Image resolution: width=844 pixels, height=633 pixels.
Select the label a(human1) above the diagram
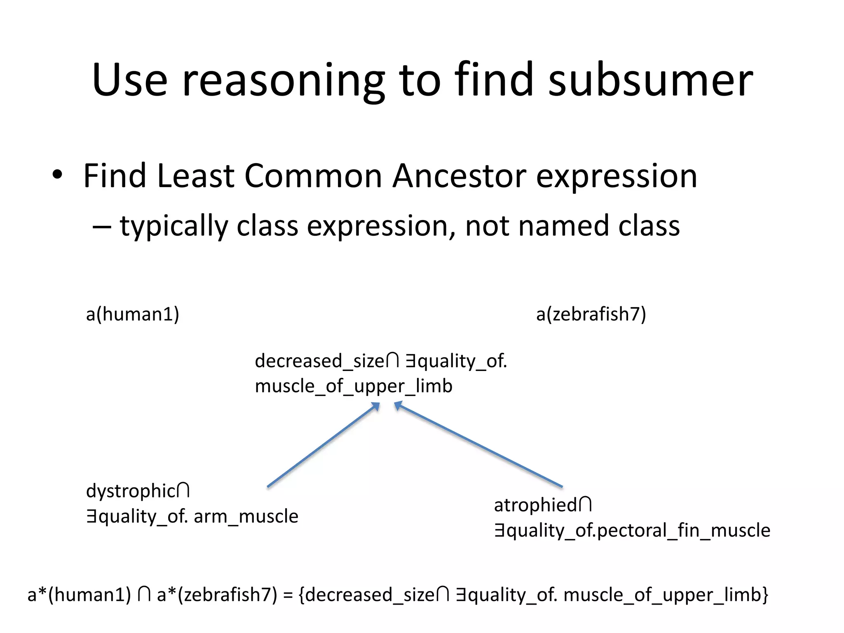coord(132,314)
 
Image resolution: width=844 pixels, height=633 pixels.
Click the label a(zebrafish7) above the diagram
coord(591,314)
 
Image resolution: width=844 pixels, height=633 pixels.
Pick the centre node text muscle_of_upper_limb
coord(353,386)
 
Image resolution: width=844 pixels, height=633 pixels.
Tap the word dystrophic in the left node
coord(131,491)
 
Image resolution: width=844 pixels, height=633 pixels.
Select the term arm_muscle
coord(246,516)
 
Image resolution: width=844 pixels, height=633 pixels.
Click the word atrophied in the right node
coord(535,505)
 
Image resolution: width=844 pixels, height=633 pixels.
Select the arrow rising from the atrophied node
coord(478,445)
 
